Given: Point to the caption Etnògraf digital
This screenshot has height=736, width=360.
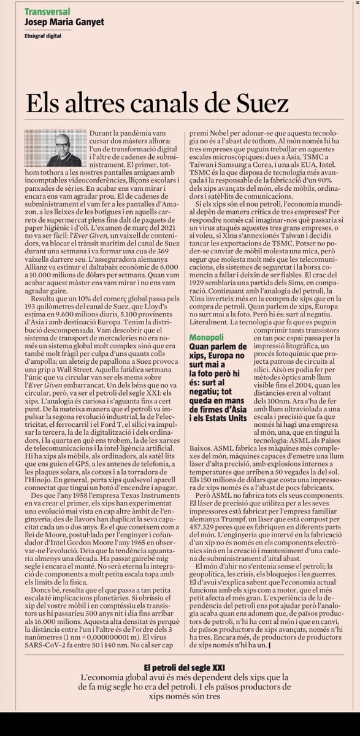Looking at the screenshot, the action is [x=45, y=37].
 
